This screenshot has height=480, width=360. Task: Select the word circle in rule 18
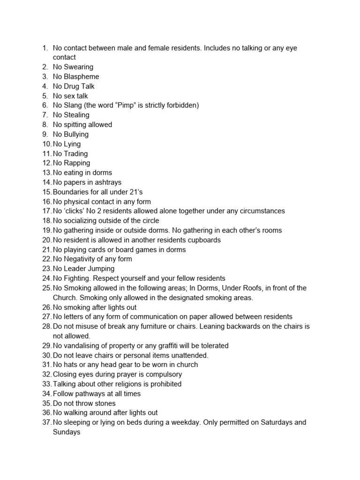click(x=149, y=221)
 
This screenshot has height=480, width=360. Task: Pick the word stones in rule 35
click(x=105, y=403)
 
